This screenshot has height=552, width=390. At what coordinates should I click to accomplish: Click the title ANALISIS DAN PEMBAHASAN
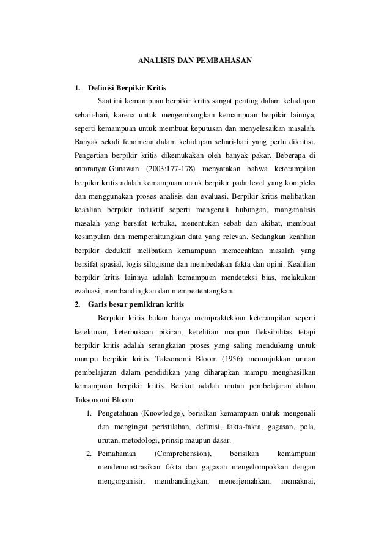(194, 62)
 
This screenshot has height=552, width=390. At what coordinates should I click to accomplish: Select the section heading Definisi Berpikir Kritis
(127, 88)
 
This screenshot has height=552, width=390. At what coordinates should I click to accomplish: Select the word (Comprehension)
(183, 454)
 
